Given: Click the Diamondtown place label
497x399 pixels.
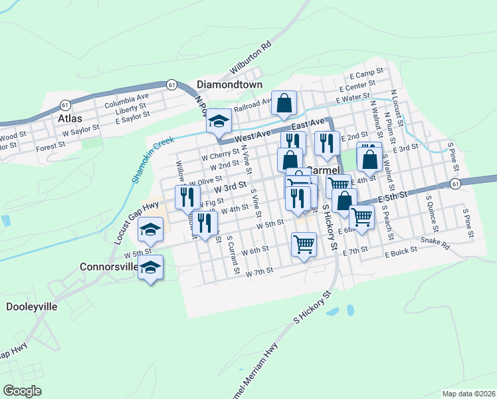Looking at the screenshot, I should (230, 85).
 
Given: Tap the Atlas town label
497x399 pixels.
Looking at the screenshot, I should (70, 118).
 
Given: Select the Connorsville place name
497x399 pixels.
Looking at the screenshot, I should (108, 267).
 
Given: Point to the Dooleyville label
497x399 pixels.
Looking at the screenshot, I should (32, 307).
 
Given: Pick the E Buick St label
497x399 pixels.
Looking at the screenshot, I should (399, 253).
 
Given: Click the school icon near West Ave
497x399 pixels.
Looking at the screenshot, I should (218, 122).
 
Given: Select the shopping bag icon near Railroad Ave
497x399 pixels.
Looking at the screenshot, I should (284, 104).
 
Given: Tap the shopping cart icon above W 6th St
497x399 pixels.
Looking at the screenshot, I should (304, 244).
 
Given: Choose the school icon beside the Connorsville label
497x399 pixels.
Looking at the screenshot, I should (151, 267).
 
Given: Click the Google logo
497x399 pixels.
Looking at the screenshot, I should (22, 391).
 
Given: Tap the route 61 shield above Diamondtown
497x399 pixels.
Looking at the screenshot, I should (172, 84).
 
